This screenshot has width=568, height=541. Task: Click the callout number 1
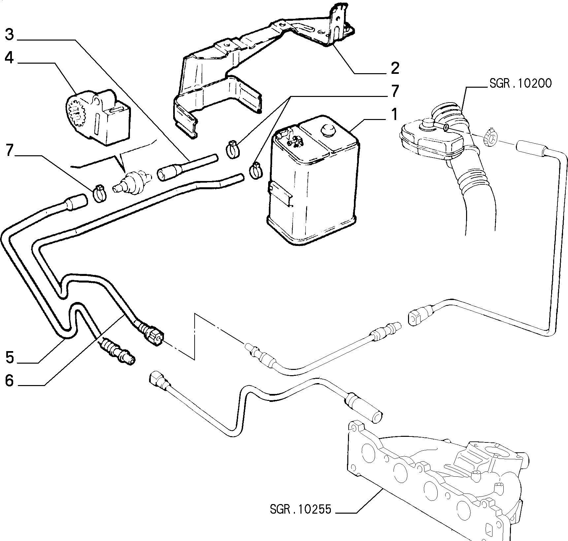(x=394, y=114)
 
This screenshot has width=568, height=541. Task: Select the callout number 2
(x=395, y=68)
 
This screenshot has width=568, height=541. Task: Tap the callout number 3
(x=10, y=35)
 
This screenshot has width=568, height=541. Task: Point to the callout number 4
(x=10, y=59)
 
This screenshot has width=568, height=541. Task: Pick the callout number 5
(x=10, y=357)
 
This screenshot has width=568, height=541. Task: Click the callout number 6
(x=10, y=381)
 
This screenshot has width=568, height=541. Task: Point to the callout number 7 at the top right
(x=394, y=91)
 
